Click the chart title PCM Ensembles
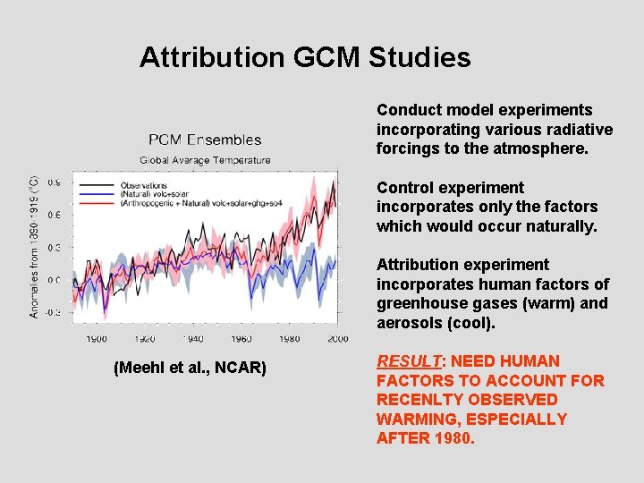(205, 140)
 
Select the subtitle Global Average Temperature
(205, 160)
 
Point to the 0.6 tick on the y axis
(54, 215)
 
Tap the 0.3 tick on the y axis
(54, 248)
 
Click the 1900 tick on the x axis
(97, 339)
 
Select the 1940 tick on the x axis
(193, 339)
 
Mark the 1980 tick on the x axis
(290, 339)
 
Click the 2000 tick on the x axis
(337, 339)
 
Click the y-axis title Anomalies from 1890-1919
(35, 247)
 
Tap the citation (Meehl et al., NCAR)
(190, 368)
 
